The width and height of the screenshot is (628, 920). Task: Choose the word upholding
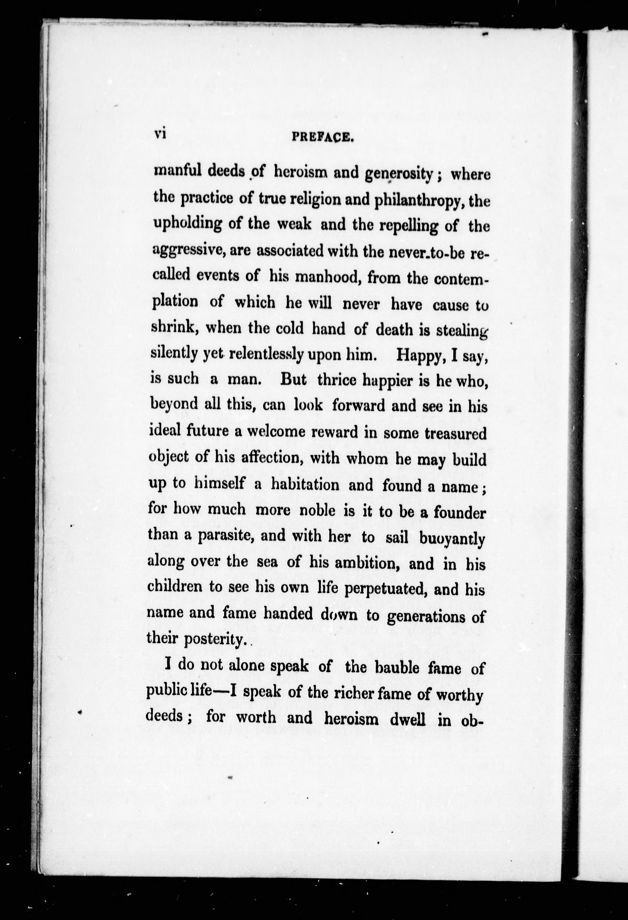(188, 225)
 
